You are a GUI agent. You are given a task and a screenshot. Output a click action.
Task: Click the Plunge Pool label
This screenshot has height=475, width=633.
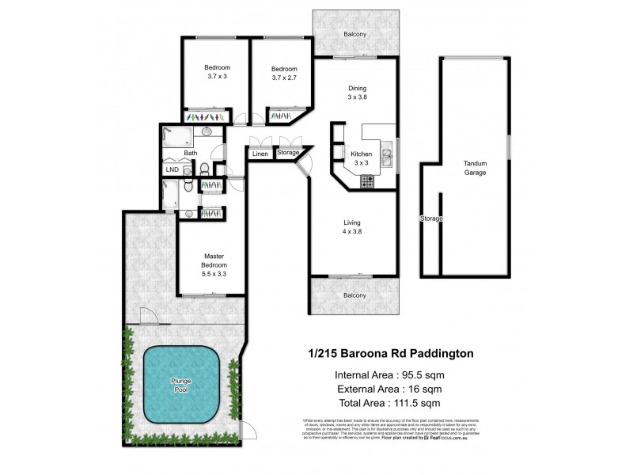coord(181,386)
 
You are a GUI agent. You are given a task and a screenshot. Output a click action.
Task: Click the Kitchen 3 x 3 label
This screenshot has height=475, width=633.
coord(360,157)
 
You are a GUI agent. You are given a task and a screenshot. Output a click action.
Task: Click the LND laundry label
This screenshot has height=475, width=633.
coord(172,169)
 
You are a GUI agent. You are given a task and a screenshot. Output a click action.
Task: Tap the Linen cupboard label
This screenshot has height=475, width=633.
coord(261,154)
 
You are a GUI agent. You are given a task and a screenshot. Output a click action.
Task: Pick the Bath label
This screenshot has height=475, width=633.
coord(191,153)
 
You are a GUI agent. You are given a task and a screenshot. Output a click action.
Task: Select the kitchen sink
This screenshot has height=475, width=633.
coord(388,157)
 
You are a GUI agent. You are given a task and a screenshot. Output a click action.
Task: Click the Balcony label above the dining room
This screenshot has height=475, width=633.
coord(354,34)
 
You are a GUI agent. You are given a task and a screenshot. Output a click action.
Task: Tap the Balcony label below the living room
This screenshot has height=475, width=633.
coord(354,295)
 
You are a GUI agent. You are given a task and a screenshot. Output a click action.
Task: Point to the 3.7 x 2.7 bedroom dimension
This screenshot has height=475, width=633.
coord(284,76)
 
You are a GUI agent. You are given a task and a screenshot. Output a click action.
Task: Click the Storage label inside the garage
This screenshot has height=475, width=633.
coord(430,218)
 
